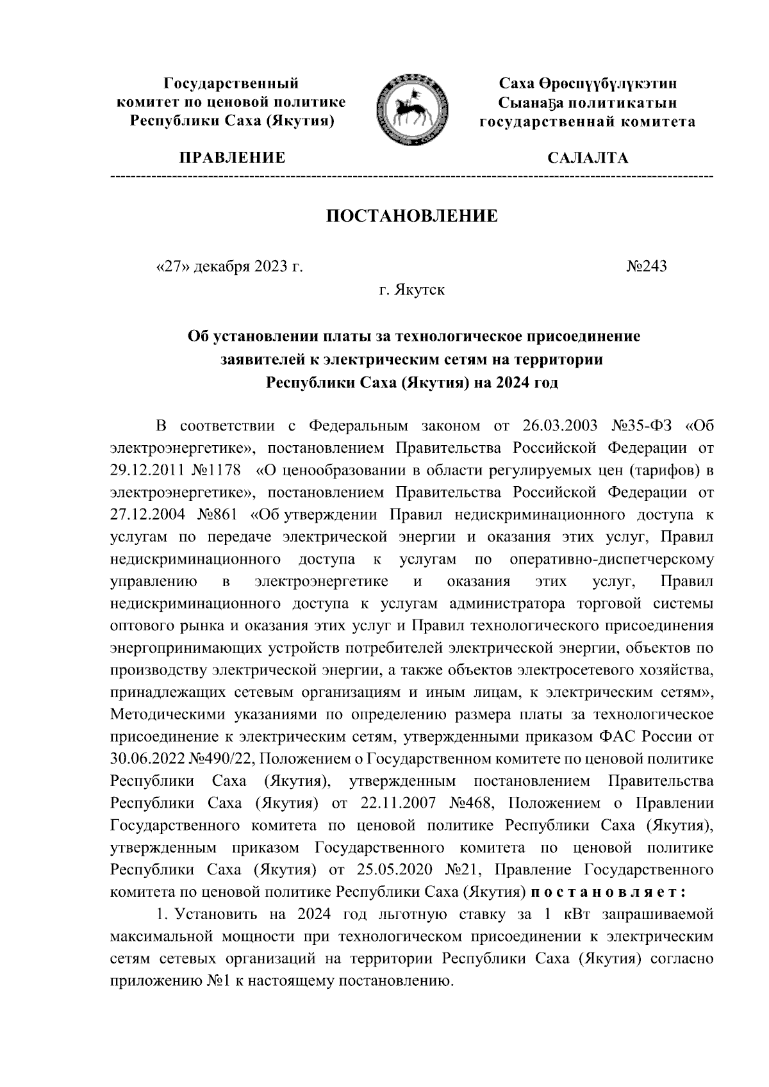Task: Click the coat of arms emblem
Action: pos(411,109)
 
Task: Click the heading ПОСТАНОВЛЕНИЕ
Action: pos(412,216)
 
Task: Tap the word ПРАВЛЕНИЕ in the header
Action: pos(232,158)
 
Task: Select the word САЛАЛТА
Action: pos(588,158)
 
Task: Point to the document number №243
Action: pos(646,266)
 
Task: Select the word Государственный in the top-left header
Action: pos(232,83)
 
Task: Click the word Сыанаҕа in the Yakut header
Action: pos(527,102)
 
